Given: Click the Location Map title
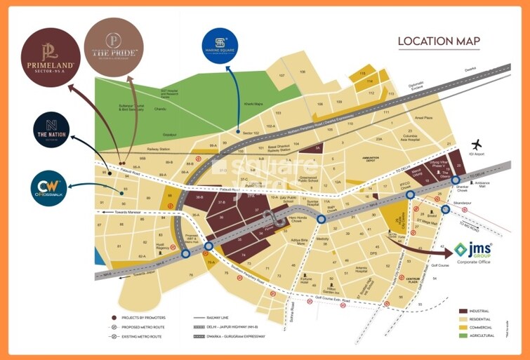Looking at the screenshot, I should point(439,41).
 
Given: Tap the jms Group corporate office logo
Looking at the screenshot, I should point(472,253).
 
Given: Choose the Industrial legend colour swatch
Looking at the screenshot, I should point(463,311).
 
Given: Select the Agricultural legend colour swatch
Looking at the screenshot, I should point(463,335).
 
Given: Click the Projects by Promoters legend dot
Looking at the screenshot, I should point(114,318).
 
